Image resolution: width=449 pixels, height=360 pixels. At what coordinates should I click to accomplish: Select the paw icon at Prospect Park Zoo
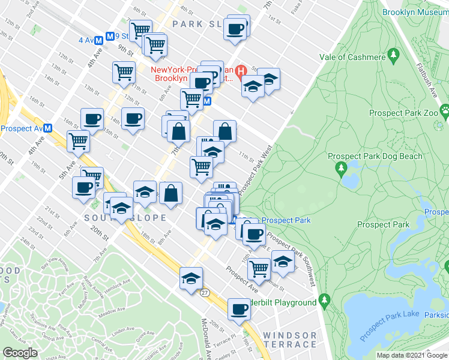pos(445,110)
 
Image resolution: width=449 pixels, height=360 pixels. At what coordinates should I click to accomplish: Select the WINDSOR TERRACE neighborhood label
pos(289,339)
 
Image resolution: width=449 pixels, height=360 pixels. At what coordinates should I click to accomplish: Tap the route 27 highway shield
pos(205,292)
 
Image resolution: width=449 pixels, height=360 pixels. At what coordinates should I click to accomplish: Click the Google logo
pos(20,353)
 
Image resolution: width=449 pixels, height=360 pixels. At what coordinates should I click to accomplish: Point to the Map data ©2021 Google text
pos(412,355)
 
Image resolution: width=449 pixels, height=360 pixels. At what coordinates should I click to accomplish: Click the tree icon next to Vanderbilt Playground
pos(325,298)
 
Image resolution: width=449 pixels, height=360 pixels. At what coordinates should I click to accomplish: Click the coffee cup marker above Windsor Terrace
pos(238,309)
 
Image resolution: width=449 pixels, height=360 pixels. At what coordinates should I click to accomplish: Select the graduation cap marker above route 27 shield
pos(191,278)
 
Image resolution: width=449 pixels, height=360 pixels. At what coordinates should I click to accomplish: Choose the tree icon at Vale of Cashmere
pos(394,56)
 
